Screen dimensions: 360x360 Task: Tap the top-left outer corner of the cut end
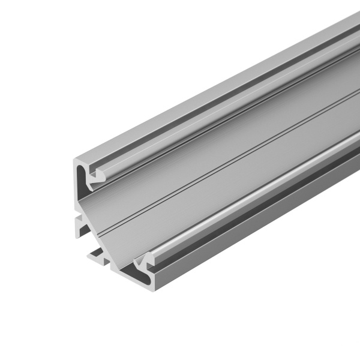point(75,160)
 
